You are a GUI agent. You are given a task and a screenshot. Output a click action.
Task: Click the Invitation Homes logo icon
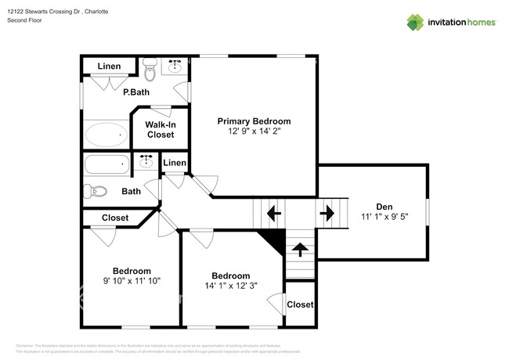pyautogui.click(x=415, y=22)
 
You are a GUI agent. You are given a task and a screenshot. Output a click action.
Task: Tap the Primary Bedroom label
pyautogui.click(x=254, y=121)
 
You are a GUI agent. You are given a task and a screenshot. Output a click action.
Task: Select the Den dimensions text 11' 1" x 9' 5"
pyautogui.click(x=384, y=217)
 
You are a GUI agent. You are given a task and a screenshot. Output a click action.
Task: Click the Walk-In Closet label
pyautogui.click(x=161, y=129)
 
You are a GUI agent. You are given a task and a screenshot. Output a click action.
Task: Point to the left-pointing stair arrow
pyautogui.click(x=273, y=212)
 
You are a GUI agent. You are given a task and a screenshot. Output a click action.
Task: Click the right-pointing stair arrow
pyautogui.click(x=327, y=212)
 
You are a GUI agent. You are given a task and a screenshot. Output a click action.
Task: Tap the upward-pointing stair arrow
pyautogui.click(x=299, y=250)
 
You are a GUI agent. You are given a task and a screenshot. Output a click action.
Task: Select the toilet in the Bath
pyautogui.click(x=97, y=191)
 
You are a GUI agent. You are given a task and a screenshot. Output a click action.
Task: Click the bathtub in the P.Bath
pyautogui.click(x=106, y=135)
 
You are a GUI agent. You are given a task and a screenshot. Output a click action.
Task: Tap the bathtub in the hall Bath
pyautogui.click(x=107, y=165)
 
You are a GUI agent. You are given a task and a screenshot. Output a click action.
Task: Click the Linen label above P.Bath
pyautogui.click(x=109, y=67)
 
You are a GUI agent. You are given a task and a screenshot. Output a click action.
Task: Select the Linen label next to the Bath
pyautogui.click(x=175, y=163)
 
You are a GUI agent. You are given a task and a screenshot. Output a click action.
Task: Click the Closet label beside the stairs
pyautogui.click(x=299, y=304)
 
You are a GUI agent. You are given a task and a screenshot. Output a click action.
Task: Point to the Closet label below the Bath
pyautogui.click(x=115, y=218)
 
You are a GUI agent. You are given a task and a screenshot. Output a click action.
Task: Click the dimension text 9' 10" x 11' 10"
pyautogui.click(x=132, y=280)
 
